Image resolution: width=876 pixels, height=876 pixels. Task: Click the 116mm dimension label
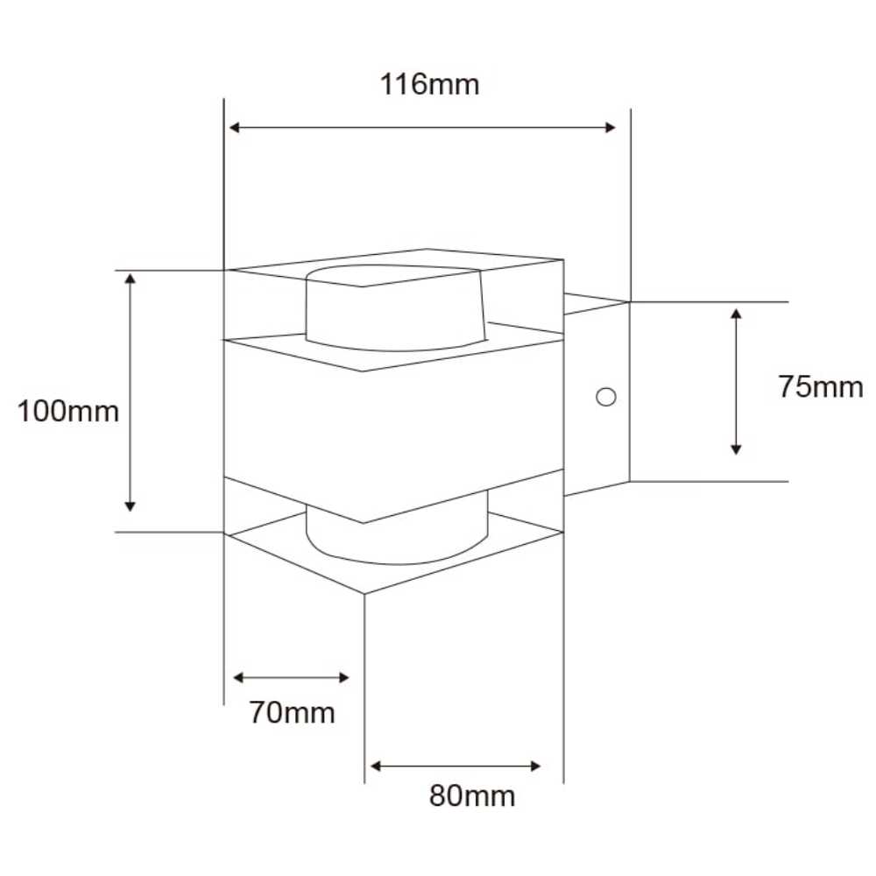[x=429, y=85]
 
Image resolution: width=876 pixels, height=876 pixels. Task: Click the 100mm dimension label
[x=68, y=411]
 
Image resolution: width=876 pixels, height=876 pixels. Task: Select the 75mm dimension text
[x=820, y=386]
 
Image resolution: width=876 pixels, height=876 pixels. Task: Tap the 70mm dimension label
[x=292, y=713]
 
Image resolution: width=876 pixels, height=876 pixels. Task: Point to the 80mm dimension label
[x=472, y=796]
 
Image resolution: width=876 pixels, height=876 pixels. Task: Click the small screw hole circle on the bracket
[x=604, y=397]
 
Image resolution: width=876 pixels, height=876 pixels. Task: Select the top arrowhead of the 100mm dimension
[x=131, y=279]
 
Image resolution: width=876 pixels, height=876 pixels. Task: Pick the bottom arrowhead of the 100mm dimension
[x=131, y=505]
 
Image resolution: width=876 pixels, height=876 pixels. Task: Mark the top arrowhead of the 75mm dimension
[x=737, y=313]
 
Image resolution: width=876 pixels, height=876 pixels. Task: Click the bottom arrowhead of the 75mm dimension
[x=737, y=449]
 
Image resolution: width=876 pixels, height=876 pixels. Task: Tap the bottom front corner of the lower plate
[x=364, y=593]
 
